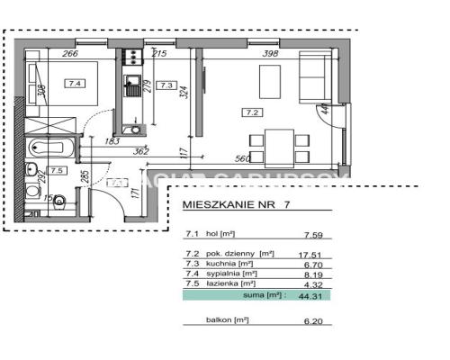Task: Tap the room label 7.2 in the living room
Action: (252, 112)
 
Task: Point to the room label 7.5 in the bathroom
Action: (57, 169)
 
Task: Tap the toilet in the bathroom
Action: (55, 199)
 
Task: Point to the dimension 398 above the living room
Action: (269, 53)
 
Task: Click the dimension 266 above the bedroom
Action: (70, 53)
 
